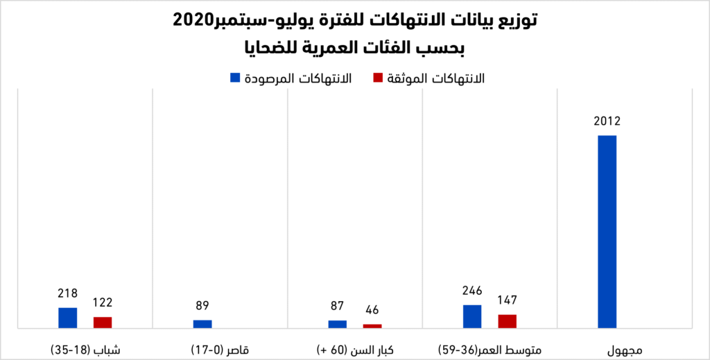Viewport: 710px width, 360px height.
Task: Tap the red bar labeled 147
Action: tap(507, 320)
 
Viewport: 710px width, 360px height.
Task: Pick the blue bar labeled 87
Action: tap(337, 324)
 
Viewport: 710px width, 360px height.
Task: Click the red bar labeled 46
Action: tap(372, 325)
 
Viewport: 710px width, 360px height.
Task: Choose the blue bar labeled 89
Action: tap(202, 323)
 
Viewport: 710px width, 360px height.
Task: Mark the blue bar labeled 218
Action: tap(68, 317)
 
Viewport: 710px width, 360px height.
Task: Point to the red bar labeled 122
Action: tap(103, 322)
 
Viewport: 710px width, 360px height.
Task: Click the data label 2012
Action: tap(607, 122)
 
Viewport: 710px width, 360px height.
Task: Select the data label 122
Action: tap(103, 302)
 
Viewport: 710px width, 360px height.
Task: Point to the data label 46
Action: tap(372, 310)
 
